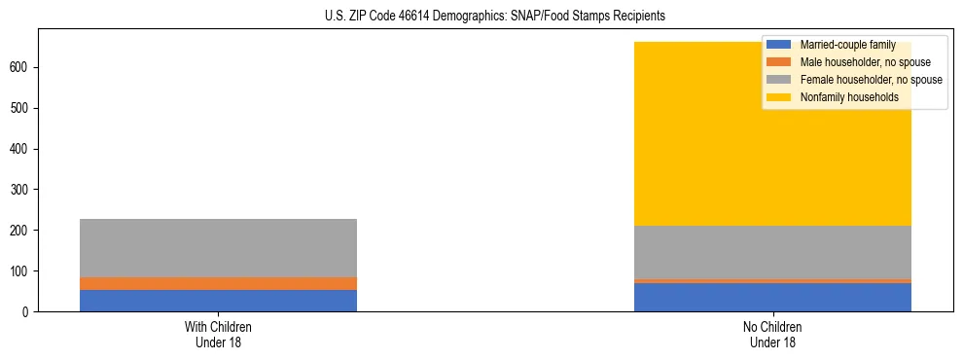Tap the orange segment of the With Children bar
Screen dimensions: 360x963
218,283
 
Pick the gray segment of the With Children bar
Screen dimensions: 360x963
218,248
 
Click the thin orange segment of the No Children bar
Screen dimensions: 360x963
772,280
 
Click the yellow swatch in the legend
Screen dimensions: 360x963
780,97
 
